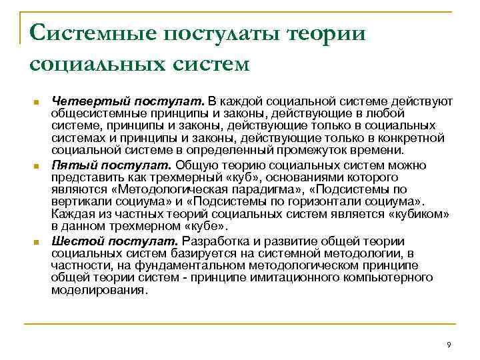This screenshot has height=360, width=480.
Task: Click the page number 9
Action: (x=448, y=345)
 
